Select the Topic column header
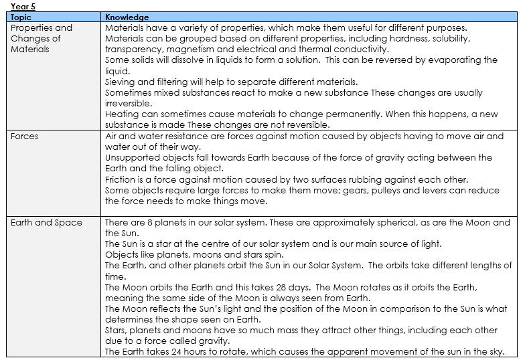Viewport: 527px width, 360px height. [21, 17]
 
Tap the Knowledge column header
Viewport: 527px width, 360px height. [127, 17]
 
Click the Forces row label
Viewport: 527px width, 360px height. [25, 137]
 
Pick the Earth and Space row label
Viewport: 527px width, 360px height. [46, 223]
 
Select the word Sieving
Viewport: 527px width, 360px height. [120, 82]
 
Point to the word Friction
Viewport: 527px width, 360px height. [120, 179]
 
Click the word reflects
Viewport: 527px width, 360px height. [163, 309]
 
